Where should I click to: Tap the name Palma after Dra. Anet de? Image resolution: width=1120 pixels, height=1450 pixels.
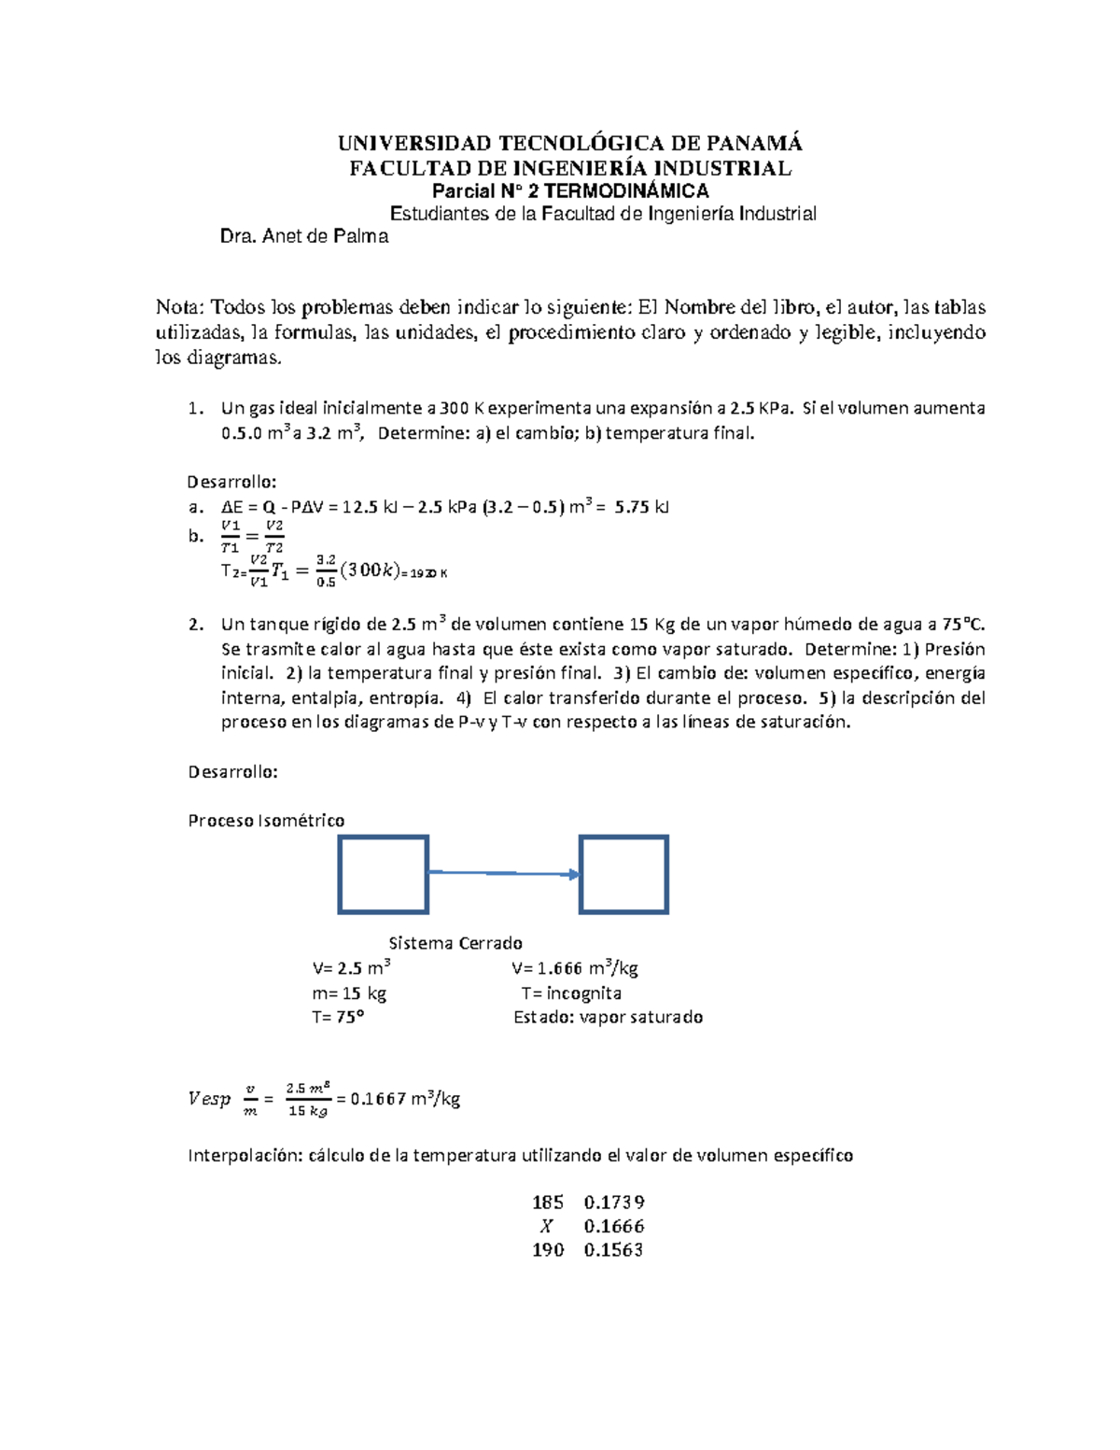[x=363, y=237]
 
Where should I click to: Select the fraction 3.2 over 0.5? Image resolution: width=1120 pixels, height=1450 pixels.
[x=325, y=570]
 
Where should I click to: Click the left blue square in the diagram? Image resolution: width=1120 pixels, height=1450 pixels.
[x=383, y=874]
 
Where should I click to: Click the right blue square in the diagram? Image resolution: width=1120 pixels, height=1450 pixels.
[x=623, y=874]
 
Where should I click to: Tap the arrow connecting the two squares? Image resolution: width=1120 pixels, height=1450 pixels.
[x=504, y=873]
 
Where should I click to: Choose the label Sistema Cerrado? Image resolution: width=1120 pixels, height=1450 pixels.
[x=455, y=943]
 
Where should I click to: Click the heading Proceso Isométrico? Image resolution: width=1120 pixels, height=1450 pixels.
[x=266, y=821]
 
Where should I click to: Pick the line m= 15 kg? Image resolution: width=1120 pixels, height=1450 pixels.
[x=349, y=993]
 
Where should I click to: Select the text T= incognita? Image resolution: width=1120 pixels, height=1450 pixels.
[x=571, y=993]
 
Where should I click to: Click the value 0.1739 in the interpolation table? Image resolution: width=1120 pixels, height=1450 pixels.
[x=614, y=1203]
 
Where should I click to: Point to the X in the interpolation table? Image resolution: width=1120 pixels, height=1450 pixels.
[x=547, y=1227]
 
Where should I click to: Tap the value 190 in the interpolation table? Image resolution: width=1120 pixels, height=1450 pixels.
[x=548, y=1250]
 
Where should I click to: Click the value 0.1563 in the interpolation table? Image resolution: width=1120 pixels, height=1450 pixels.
[x=614, y=1250]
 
